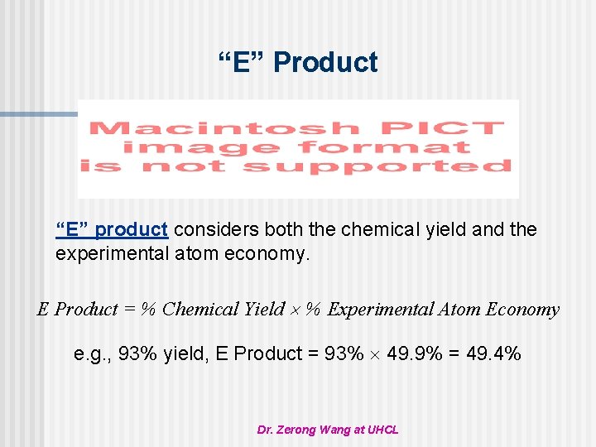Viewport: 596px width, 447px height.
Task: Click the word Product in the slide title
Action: [x=325, y=62]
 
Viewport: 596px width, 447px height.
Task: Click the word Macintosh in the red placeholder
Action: [x=224, y=129]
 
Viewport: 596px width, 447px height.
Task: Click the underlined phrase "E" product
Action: [x=112, y=229]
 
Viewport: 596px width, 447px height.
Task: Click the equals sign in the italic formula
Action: [x=130, y=310]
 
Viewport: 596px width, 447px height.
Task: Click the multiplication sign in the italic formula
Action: [x=296, y=310]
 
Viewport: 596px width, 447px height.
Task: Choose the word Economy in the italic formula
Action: [x=523, y=310]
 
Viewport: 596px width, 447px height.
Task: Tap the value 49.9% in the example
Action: [x=415, y=354]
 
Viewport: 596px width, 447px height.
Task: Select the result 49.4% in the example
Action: [x=493, y=354]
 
